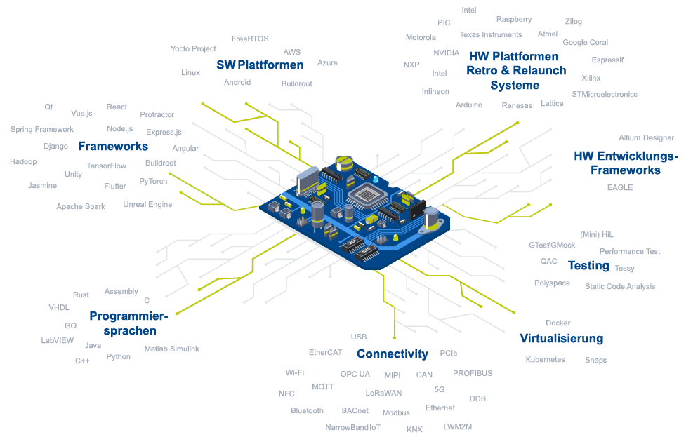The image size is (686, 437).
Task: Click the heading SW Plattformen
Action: pyautogui.click(x=260, y=65)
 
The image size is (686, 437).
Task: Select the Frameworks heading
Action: pyautogui.click(x=113, y=147)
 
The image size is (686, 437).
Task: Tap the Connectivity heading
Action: pyautogui.click(x=392, y=354)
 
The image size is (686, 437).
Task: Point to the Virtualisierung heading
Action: pyautogui.click(x=561, y=339)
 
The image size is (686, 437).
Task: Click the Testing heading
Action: pyautogui.click(x=588, y=266)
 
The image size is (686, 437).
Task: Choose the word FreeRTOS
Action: pyautogui.click(x=250, y=39)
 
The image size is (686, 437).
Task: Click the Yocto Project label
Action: pyautogui.click(x=193, y=49)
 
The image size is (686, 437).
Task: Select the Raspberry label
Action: pyautogui.click(x=514, y=20)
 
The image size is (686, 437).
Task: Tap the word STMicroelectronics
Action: pyautogui.click(x=604, y=94)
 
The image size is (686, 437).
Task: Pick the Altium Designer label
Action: pyautogui.click(x=646, y=138)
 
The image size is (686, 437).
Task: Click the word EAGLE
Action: pyautogui.click(x=620, y=188)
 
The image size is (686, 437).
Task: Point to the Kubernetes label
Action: pyautogui.click(x=545, y=360)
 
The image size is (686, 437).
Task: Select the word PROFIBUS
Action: pyautogui.click(x=472, y=374)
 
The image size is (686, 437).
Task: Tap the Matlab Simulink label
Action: pyautogui.click(x=172, y=349)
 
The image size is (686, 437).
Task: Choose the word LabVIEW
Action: pyautogui.click(x=58, y=341)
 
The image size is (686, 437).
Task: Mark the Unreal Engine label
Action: pyautogui.click(x=147, y=205)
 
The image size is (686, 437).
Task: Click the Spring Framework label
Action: pyautogui.click(x=42, y=130)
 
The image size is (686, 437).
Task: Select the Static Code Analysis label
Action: pyautogui.click(x=620, y=286)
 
